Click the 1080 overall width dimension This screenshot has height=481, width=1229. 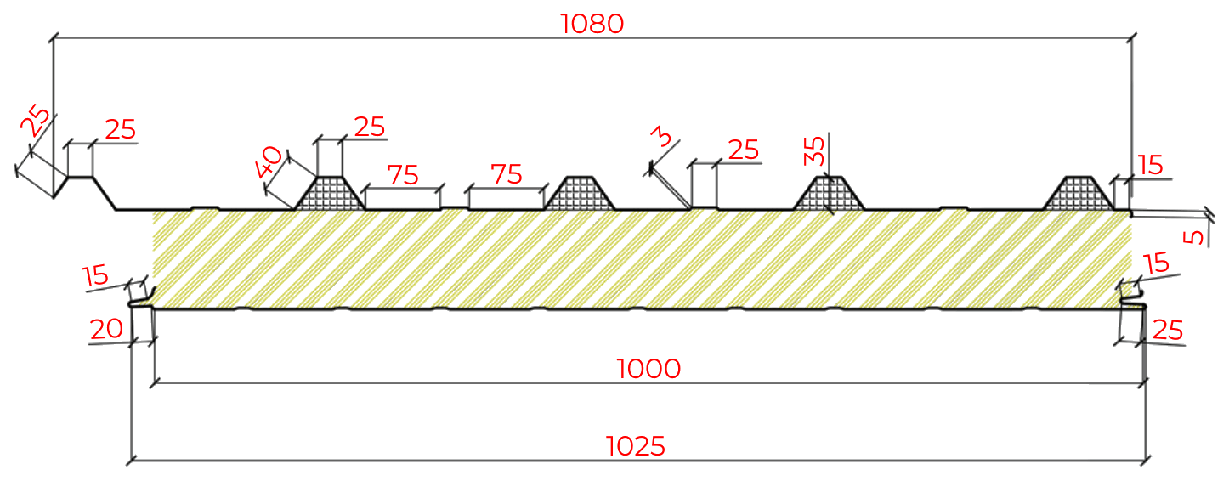pos(592,24)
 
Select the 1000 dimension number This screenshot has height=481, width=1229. pos(648,369)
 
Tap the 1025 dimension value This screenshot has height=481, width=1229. pos(636,446)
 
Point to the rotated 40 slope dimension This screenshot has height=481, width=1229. pos(269,162)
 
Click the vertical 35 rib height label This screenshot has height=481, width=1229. pos(813,150)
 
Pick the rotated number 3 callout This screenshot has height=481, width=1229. pos(661,136)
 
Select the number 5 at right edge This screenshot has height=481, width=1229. pos(1193,237)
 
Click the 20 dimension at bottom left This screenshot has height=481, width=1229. pos(106,329)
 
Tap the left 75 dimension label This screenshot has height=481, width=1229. pos(403,175)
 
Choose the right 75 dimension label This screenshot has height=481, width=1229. pos(507,174)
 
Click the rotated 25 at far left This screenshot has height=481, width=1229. pos(35,120)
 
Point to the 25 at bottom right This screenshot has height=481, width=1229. pos(1168,331)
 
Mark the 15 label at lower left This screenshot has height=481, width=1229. pos(95,275)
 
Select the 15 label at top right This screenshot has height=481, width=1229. pos(1150,165)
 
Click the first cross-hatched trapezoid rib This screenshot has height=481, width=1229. pos(329,194)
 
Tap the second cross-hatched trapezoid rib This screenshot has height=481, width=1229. pos(580,194)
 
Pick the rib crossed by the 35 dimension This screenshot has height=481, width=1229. pos(829,194)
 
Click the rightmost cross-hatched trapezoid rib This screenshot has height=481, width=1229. pos(1079,194)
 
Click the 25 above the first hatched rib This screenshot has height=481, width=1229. pos(369,127)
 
